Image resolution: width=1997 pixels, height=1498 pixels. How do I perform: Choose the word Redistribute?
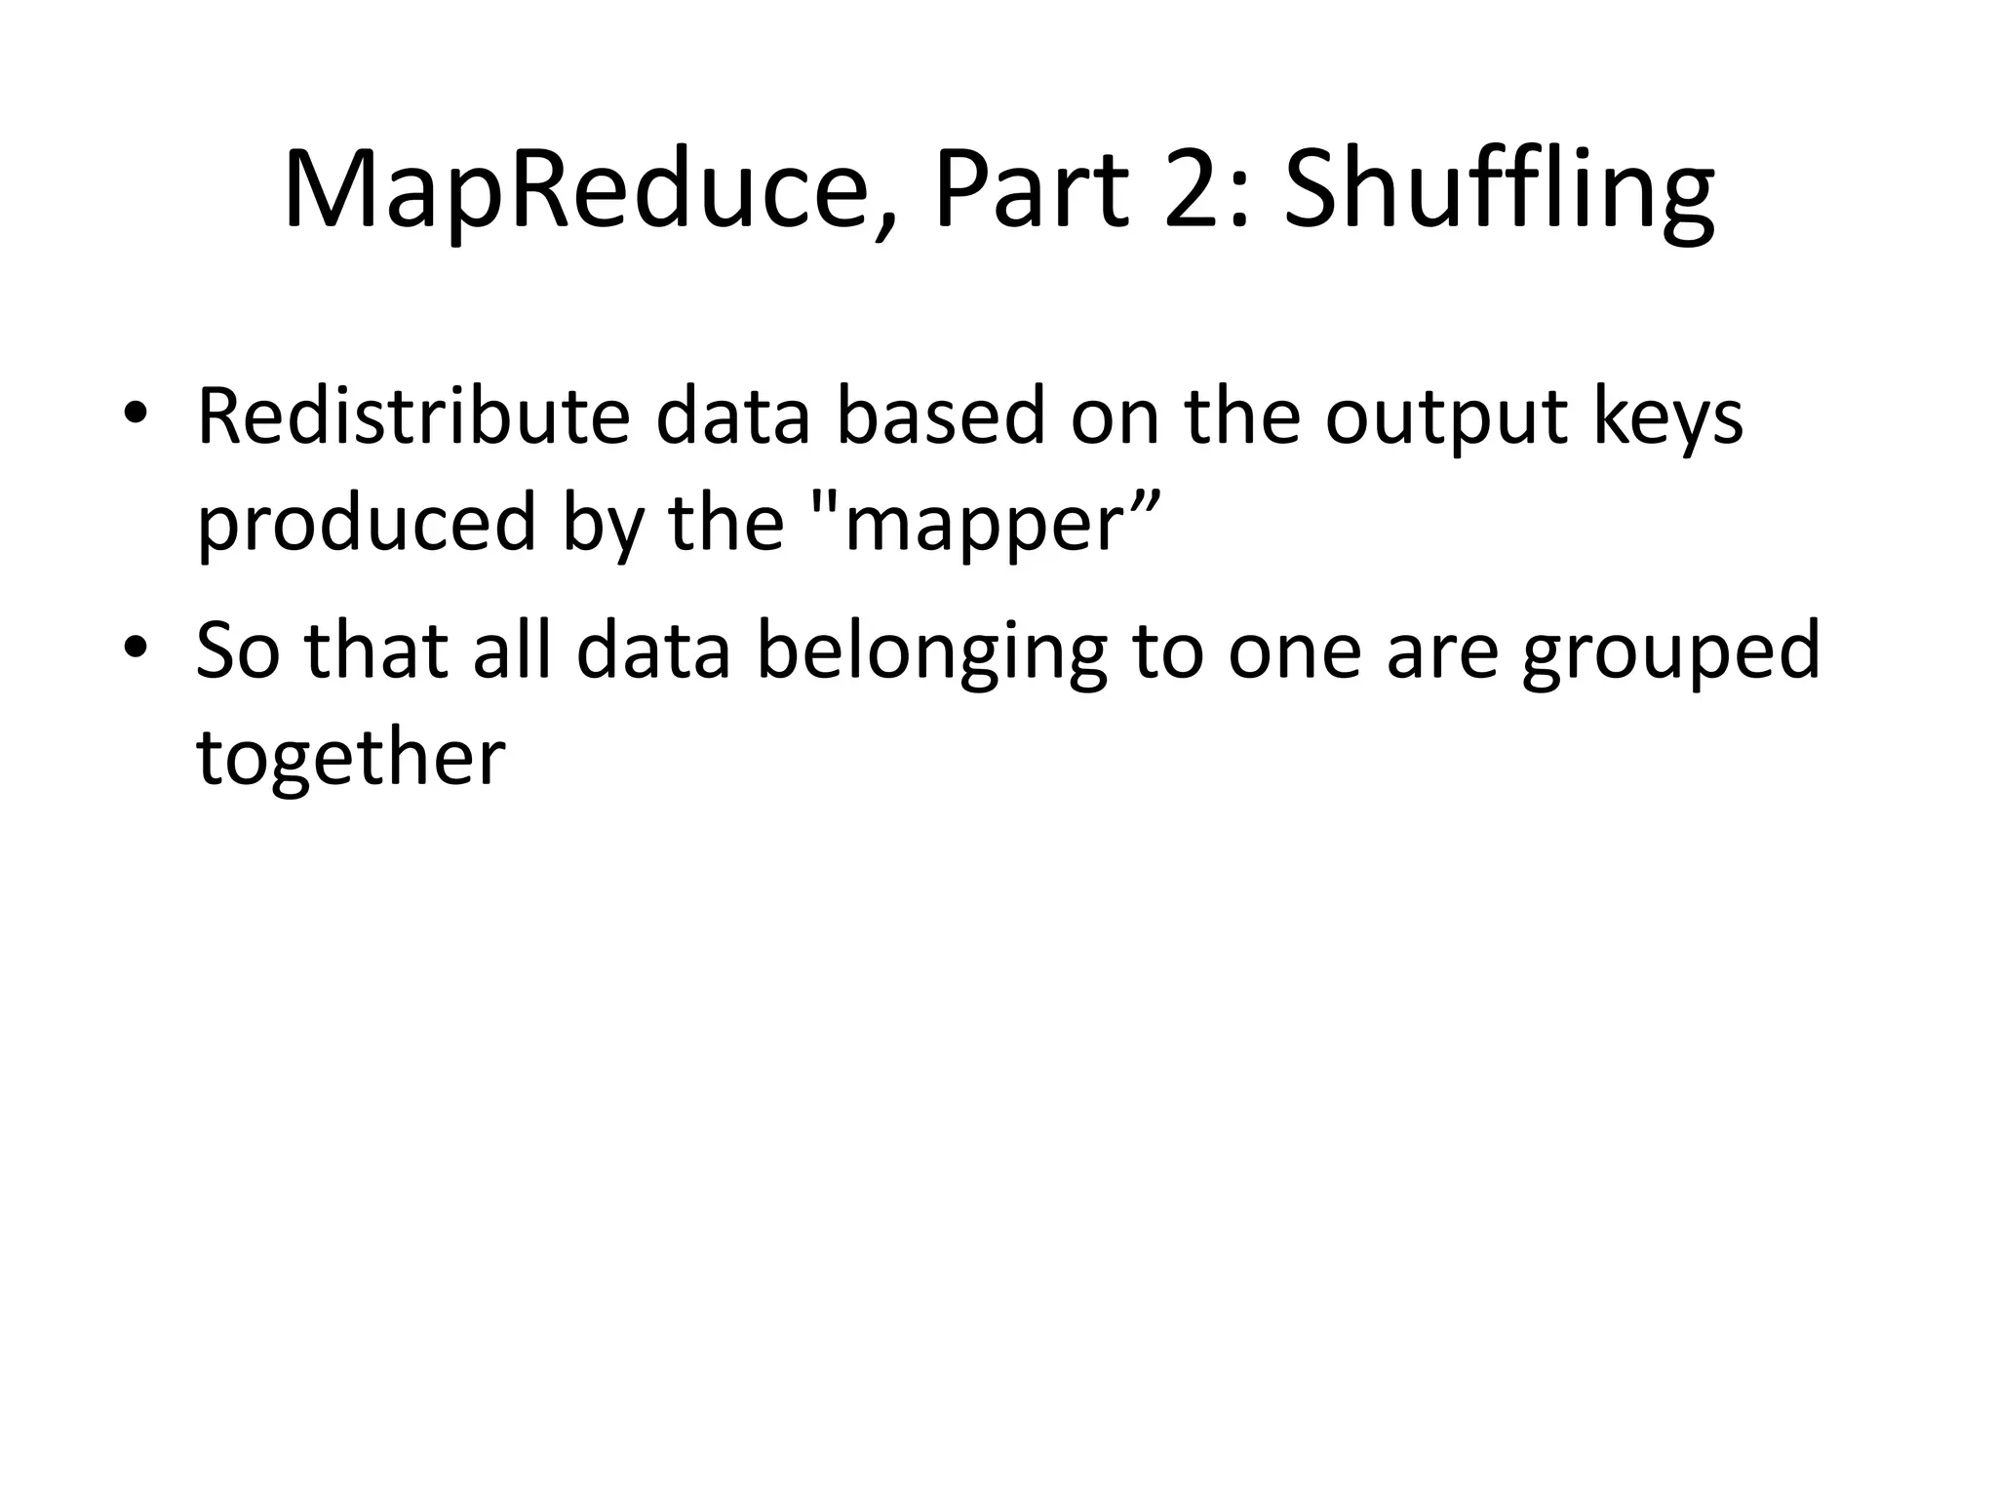pyautogui.click(x=413, y=417)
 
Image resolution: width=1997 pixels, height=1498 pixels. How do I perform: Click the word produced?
pyautogui.click(x=367, y=523)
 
